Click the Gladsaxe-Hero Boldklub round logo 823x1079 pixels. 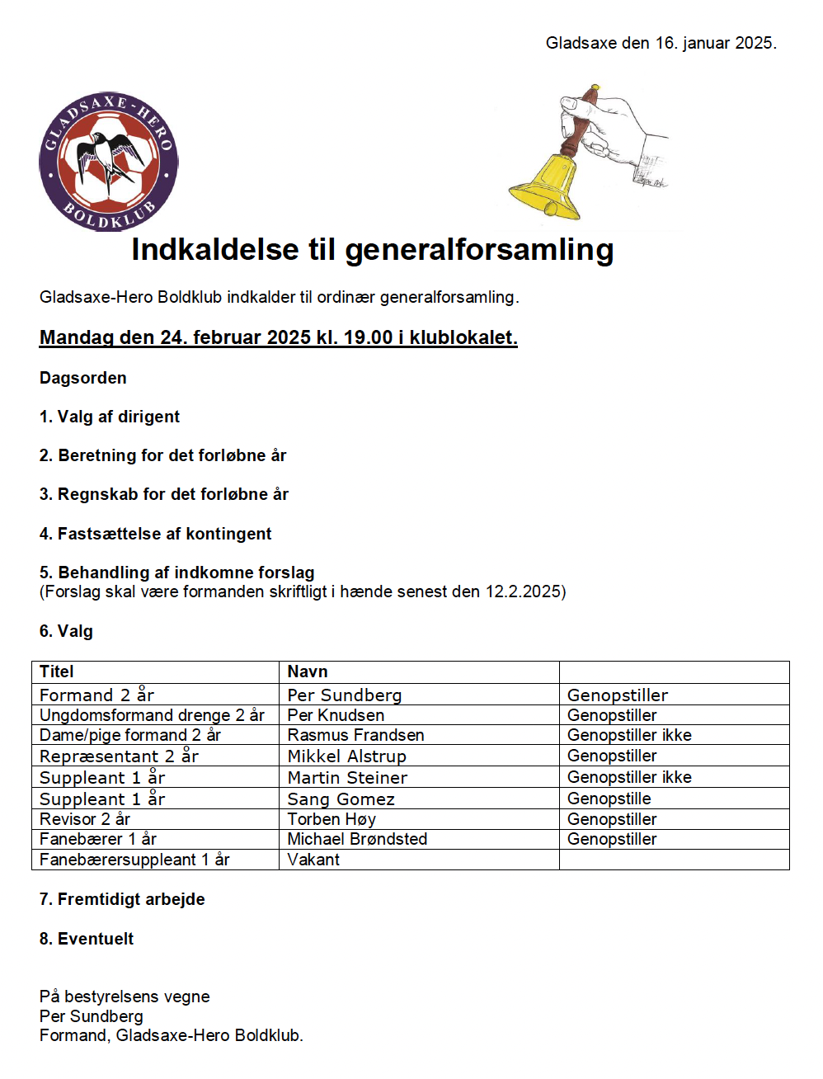click(x=108, y=162)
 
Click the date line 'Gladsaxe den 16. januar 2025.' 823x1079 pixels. click(x=661, y=43)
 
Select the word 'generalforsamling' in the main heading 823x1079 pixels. click(x=479, y=250)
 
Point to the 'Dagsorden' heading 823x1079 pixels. click(x=83, y=378)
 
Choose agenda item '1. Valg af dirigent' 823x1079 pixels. click(x=110, y=417)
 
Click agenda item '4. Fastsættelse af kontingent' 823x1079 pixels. click(x=155, y=534)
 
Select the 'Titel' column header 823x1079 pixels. click(x=57, y=671)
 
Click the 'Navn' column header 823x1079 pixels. click(x=308, y=671)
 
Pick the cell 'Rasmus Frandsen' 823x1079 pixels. click(x=355, y=735)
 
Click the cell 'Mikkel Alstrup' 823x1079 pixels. click(x=346, y=756)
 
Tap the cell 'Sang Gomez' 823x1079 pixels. click(x=341, y=799)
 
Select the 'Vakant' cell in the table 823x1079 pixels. click(x=313, y=860)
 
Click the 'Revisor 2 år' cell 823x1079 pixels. click(x=85, y=819)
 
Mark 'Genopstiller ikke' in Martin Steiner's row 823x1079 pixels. click(x=629, y=777)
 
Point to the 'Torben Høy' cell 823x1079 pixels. click(x=332, y=819)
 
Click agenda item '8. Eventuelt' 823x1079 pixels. click(x=87, y=939)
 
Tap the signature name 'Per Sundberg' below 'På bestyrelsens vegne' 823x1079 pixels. click(x=92, y=1016)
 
